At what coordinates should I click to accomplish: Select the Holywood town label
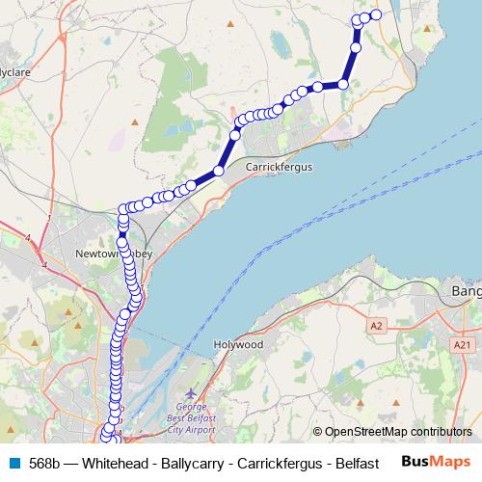(238, 344)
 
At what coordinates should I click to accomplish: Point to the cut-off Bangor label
(467, 289)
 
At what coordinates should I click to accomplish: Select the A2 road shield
(377, 327)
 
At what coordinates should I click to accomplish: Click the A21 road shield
(463, 344)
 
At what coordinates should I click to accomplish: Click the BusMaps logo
(436, 462)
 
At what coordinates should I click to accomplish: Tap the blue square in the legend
(13, 463)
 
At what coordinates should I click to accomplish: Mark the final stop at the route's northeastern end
(376, 14)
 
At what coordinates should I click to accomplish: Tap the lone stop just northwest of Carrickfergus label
(219, 170)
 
